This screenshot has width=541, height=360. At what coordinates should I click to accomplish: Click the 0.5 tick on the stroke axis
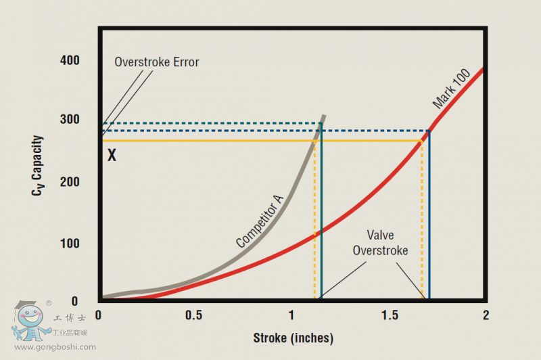(x=195, y=316)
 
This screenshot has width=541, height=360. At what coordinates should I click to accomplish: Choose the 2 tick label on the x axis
(x=486, y=316)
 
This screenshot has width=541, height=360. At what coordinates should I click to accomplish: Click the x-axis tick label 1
(x=292, y=316)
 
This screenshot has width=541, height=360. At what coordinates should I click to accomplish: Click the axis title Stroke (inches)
(x=293, y=338)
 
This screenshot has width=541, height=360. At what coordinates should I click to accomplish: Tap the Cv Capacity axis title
(x=38, y=166)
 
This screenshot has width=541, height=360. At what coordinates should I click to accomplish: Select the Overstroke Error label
(x=157, y=62)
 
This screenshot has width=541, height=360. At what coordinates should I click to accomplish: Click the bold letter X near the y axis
(x=112, y=156)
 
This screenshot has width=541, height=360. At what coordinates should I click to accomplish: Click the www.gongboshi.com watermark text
(x=55, y=347)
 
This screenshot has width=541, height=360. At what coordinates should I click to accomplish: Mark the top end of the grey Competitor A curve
(x=324, y=116)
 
